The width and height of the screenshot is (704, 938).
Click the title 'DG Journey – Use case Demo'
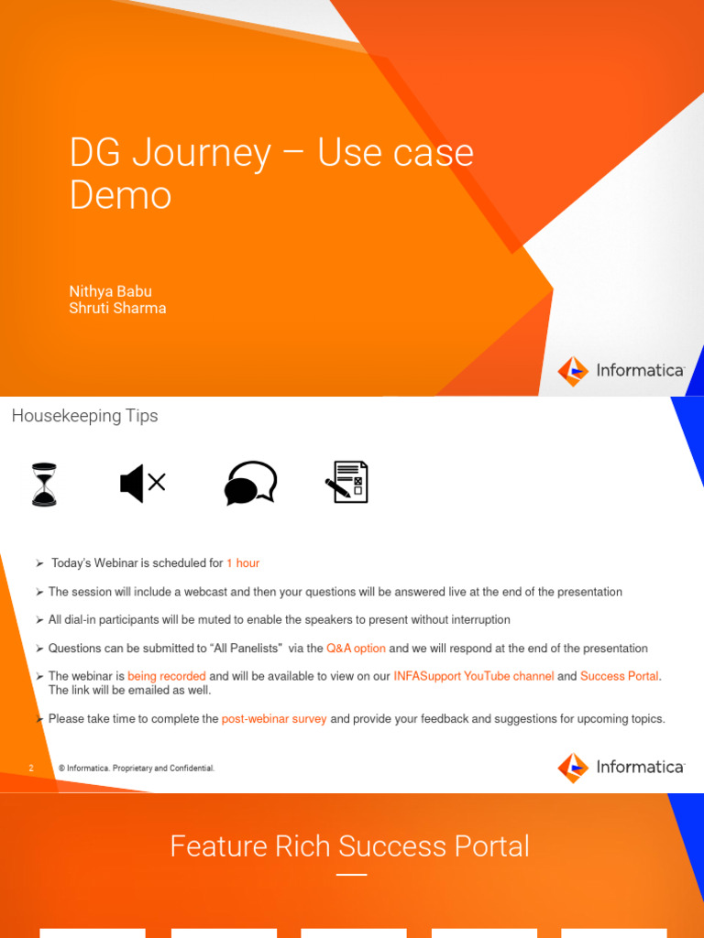click(271, 174)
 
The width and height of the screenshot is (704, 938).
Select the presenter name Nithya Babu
click(110, 291)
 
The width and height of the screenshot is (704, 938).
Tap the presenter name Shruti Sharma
click(117, 308)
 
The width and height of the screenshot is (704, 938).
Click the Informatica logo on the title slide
click(621, 371)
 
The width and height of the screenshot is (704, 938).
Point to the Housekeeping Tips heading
click(84, 416)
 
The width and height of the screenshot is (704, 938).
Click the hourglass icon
click(44, 484)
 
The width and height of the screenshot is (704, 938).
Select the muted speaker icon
click(142, 483)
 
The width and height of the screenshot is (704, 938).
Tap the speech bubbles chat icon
click(250, 483)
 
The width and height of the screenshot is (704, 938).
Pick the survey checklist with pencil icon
click(346, 482)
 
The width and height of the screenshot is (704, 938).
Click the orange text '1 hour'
click(243, 563)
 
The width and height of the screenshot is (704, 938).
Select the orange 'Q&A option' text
click(356, 649)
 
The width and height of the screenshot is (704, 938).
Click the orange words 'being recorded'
click(166, 677)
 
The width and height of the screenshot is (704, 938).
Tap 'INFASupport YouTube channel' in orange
click(473, 677)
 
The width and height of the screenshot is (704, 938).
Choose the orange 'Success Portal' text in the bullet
click(619, 677)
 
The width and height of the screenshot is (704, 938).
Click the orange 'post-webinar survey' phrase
click(274, 719)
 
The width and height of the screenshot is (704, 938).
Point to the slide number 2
click(30, 769)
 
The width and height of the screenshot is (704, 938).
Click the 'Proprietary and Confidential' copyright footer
click(137, 769)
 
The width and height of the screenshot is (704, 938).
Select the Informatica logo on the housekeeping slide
click(621, 768)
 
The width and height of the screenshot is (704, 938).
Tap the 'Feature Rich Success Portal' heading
click(349, 845)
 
